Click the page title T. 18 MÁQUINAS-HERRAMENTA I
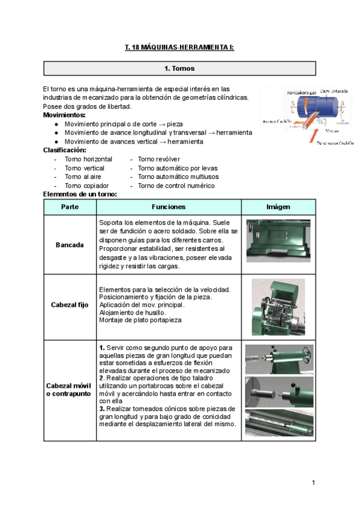pos(179,47)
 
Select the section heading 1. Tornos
pos(179,68)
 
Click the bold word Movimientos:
pos(64,115)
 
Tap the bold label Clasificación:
pos(65,149)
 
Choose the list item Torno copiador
pos(86,186)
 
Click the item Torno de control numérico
pos(175,186)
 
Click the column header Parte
pos(70,206)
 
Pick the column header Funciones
pos(169,206)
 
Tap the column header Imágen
pos(278,206)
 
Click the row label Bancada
pos(70,245)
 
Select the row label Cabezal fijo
pos(70,305)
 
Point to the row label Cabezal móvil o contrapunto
pos(70,389)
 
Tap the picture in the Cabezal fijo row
pos(278,306)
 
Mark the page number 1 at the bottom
pos(313,483)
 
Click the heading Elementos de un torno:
pos(80,194)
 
